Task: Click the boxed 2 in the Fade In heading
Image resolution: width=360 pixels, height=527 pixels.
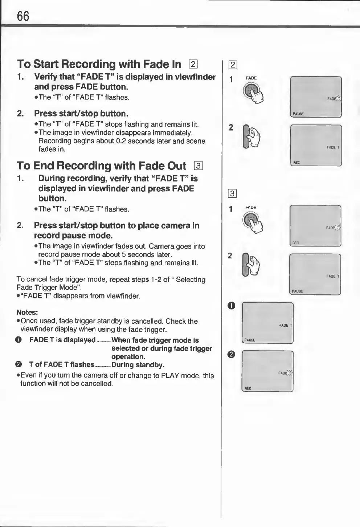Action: [x=193, y=64]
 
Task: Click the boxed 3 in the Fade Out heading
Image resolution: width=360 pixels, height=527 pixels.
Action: [x=198, y=166]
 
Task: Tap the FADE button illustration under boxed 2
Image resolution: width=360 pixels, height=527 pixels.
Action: [x=252, y=92]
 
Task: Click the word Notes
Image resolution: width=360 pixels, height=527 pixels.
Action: [x=28, y=312]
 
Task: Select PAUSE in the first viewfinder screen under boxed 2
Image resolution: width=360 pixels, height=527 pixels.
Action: [x=298, y=114]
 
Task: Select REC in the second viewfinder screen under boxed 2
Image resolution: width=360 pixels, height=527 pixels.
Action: [x=296, y=163]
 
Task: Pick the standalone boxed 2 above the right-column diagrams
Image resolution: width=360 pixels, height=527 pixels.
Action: [x=233, y=65]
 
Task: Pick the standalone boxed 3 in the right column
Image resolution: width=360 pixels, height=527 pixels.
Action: [x=233, y=194]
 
